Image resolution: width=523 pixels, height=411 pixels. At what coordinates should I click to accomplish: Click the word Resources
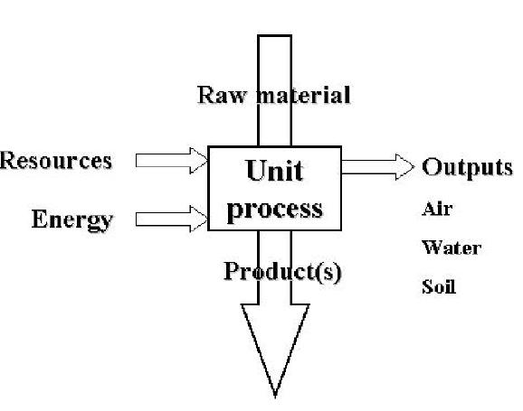(x=56, y=161)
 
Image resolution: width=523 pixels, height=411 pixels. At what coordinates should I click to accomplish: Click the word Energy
(x=72, y=220)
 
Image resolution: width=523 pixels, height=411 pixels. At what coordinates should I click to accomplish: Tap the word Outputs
(x=468, y=168)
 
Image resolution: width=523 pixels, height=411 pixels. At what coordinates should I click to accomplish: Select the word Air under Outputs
(x=436, y=210)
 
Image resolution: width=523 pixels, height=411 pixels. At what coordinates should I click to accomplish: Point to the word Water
(x=451, y=248)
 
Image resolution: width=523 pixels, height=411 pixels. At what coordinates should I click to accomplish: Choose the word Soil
(x=439, y=287)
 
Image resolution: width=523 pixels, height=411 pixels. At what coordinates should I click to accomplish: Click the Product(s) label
(x=281, y=272)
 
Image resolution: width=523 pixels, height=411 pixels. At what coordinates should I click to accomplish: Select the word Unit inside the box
(x=275, y=171)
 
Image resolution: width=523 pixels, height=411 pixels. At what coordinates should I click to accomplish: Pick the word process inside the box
(x=274, y=209)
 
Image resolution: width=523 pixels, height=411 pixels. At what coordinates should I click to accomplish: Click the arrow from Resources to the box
(x=171, y=161)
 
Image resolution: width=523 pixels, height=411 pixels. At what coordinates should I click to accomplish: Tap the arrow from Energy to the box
(x=171, y=218)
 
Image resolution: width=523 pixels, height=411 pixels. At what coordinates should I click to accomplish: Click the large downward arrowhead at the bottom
(x=275, y=343)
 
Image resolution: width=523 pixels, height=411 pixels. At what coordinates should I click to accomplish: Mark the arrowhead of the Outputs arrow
(x=404, y=166)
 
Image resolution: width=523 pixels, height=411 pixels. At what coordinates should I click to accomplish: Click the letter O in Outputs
(x=432, y=168)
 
